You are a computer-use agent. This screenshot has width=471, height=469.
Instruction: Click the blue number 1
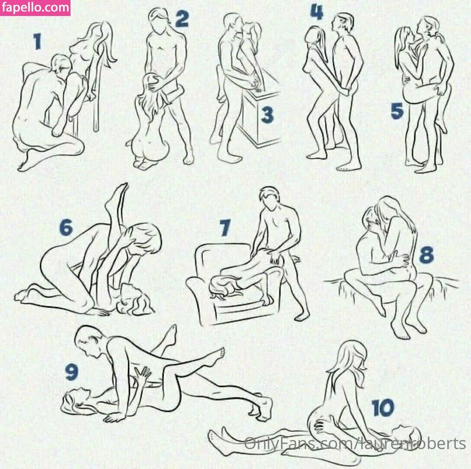(37, 41)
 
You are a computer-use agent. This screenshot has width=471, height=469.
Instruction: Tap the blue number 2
(181, 18)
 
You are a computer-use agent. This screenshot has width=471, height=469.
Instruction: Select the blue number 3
(267, 115)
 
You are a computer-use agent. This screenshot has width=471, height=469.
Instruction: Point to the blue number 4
(317, 12)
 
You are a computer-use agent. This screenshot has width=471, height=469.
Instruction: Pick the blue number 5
(397, 111)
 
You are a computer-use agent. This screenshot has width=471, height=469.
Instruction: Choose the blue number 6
(66, 227)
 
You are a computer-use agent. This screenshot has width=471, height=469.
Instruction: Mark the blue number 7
(225, 228)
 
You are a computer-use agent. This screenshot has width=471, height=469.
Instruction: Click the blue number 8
(426, 255)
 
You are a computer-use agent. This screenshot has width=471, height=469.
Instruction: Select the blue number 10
(383, 408)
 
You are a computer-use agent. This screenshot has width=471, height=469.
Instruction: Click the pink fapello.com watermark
(35, 8)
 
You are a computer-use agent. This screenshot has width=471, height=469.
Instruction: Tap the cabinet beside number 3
(261, 117)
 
